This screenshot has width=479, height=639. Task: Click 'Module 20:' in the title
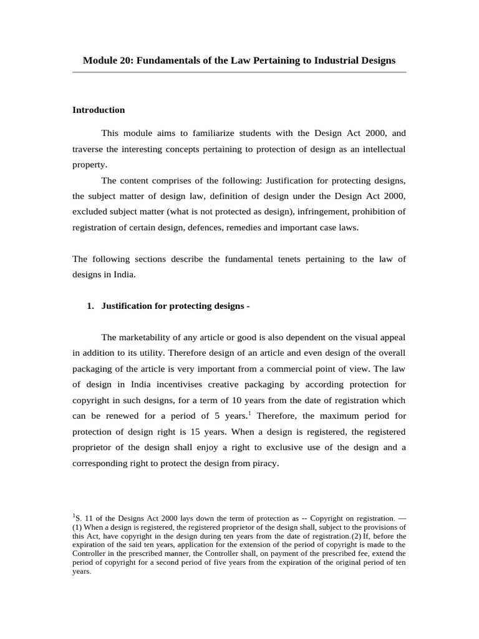(108, 61)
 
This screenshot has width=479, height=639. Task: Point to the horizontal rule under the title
(239, 72)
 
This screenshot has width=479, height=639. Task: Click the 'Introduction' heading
(99, 110)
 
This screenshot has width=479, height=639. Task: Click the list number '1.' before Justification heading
(90, 305)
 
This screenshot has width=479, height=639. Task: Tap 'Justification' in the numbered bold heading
(130, 305)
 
